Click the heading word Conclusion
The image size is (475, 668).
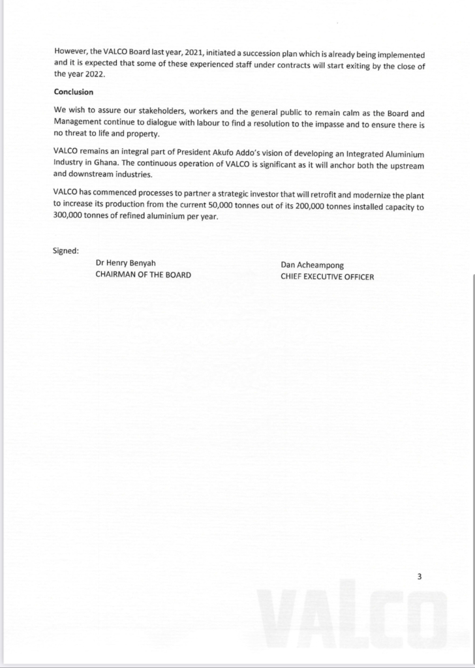coord(73,92)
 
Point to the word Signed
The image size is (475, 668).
coord(66,250)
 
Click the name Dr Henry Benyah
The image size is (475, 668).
coord(126,264)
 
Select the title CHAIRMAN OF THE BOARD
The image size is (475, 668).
coord(143,275)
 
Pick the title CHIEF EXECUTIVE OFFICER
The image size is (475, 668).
coord(327,277)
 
